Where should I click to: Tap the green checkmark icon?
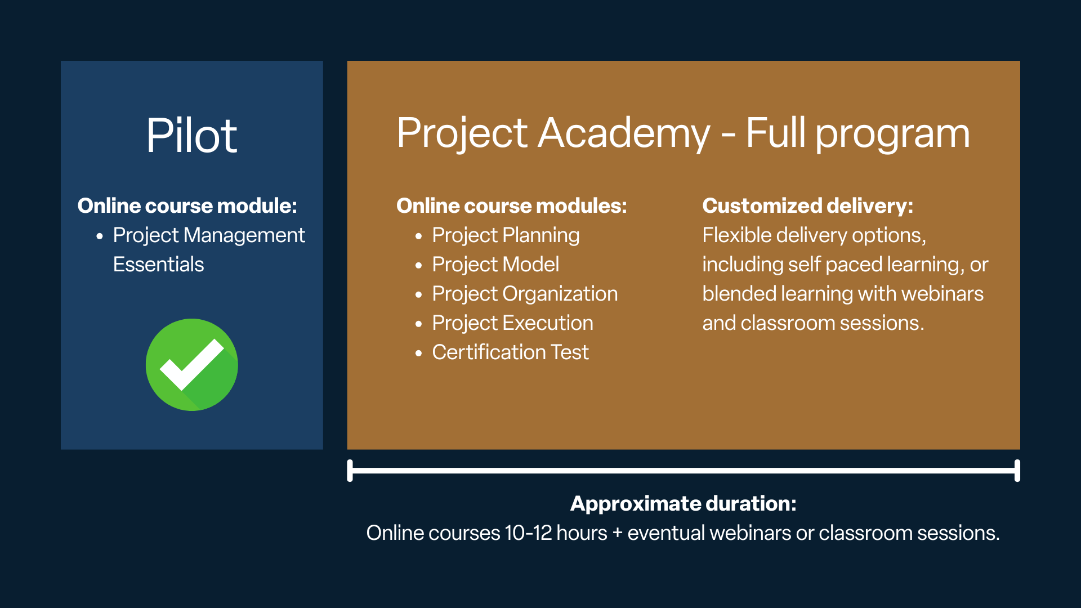click(x=192, y=365)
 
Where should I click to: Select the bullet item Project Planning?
click(x=506, y=235)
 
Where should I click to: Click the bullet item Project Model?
click(x=495, y=265)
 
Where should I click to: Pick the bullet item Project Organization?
click(x=525, y=294)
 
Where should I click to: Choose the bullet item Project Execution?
click(x=512, y=323)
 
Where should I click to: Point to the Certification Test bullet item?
click(x=510, y=352)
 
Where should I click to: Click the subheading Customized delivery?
click(x=807, y=206)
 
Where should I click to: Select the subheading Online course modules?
click(x=511, y=206)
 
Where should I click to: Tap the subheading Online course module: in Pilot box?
click(x=187, y=206)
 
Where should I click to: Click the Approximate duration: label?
click(x=684, y=503)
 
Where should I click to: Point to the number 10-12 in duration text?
click(x=528, y=533)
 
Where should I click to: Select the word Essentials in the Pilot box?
click(x=158, y=265)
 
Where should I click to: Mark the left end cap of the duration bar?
click(x=350, y=471)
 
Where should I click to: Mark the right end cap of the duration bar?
click(x=1017, y=471)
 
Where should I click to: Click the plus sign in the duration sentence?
click(x=617, y=533)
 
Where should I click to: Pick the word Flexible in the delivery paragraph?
click(x=737, y=235)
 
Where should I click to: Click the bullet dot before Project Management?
click(x=100, y=236)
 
